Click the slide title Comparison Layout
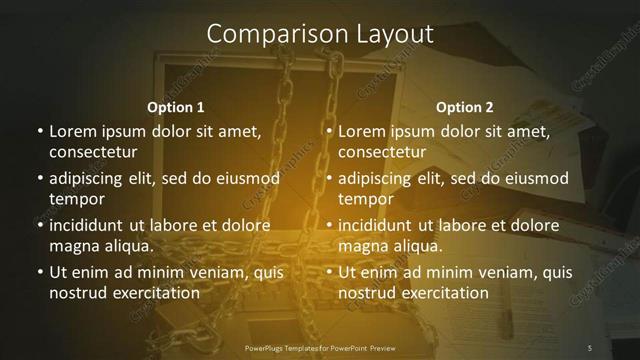tap(320, 34)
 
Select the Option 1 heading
tap(176, 106)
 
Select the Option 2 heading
tap(465, 106)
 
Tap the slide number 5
tap(590, 347)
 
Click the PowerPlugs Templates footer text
tap(320, 347)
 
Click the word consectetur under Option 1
tap(92, 152)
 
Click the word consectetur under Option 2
tap(382, 152)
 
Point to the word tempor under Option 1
tap(77, 199)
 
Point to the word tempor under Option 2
tap(367, 199)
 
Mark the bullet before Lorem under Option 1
tap(39, 131)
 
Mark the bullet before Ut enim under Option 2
tap(329, 272)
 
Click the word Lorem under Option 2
tap(361, 131)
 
